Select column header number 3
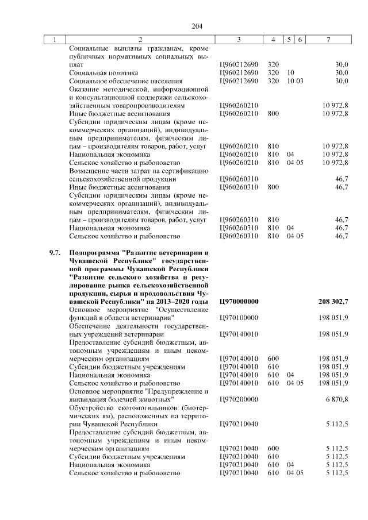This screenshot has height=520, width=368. pos(238,40)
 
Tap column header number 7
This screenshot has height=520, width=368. pos(327,40)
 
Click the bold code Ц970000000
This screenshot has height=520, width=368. pos(239,301)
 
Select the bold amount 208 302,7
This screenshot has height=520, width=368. pos(333,301)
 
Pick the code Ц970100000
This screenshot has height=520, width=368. pos(239,317)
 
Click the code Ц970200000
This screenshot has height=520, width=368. pos(239,398)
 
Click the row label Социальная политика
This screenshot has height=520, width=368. pos(103,73)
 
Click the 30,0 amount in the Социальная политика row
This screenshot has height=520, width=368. pos(342,73)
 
